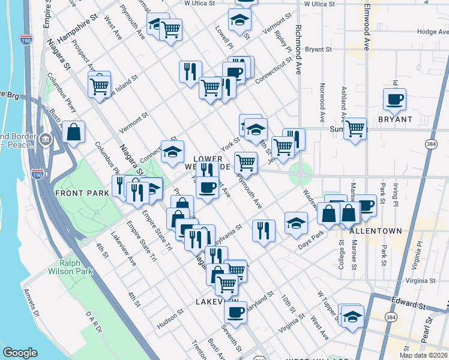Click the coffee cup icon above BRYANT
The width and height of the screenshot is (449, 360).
[394, 100]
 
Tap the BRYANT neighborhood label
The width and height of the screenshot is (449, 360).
[395, 119]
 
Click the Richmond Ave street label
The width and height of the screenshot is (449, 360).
[298, 45]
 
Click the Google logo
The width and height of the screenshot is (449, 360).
[20, 353]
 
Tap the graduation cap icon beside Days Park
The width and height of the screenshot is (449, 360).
[296, 223]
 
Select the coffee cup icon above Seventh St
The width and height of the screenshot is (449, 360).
[235, 312]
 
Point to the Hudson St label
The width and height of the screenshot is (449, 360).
[170, 314]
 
